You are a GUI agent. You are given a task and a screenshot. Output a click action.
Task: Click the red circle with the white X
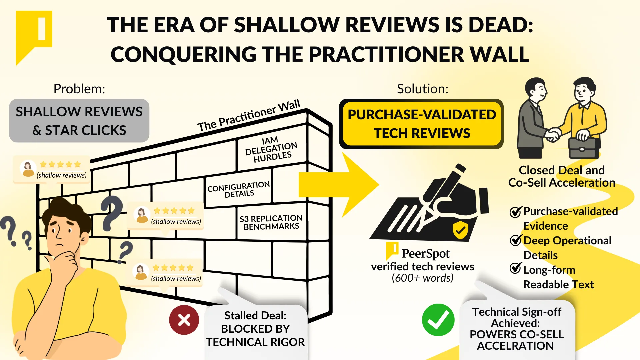click(x=184, y=320)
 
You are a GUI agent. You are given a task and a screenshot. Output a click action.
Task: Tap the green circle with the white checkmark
click(x=438, y=320)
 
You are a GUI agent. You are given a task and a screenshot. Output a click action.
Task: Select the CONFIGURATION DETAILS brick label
click(x=239, y=189)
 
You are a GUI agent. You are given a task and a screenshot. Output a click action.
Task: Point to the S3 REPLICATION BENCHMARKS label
click(x=271, y=222)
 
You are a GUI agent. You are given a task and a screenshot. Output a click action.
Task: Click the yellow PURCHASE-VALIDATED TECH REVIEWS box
click(x=421, y=124)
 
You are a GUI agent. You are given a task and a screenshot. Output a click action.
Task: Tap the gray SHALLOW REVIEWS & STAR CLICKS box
click(x=79, y=121)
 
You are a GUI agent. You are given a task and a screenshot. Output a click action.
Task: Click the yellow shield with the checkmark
click(x=460, y=230)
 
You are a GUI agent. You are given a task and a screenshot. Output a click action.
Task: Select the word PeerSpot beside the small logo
click(x=426, y=254)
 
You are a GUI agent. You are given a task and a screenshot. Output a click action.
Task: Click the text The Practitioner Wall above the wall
click(x=249, y=115)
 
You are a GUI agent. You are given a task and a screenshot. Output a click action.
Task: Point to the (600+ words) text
click(x=423, y=278)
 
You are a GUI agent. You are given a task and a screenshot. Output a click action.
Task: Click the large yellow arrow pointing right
click(x=339, y=185)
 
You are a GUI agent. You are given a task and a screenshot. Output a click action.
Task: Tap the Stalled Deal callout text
click(x=255, y=329)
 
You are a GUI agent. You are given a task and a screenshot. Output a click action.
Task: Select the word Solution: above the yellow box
click(x=423, y=89)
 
